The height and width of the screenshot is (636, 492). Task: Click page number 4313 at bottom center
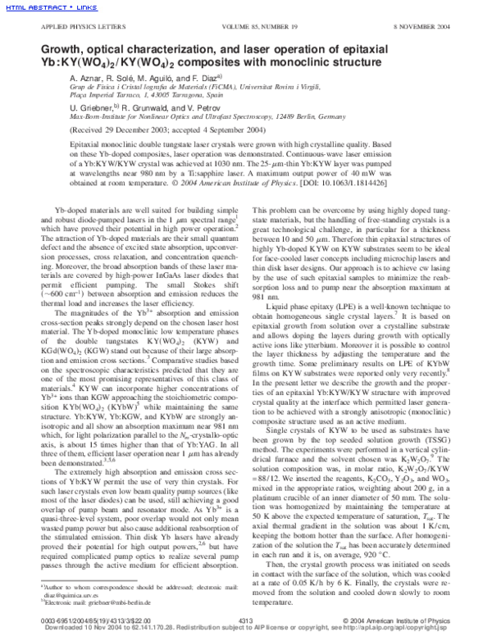pos(244,620)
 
